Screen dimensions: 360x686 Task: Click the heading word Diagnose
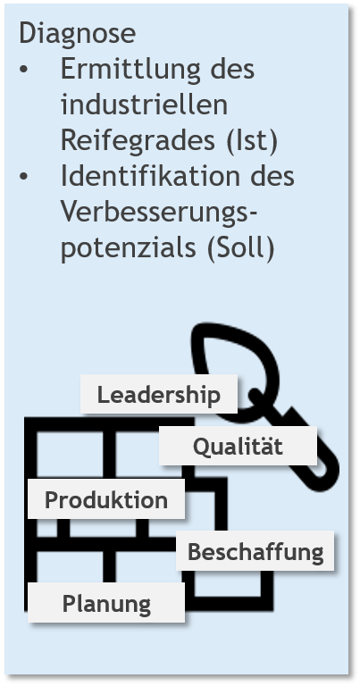point(78,33)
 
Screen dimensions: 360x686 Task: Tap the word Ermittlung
point(130,69)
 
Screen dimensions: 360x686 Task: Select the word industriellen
point(144,105)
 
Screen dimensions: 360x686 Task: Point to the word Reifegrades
point(138,141)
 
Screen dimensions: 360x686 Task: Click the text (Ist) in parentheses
point(252,141)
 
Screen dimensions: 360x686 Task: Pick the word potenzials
point(128,248)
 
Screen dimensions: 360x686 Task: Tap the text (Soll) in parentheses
point(241,248)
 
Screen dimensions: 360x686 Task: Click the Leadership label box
point(159,394)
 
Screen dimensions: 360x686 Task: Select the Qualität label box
point(238,446)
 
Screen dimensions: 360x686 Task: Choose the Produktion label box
point(106,498)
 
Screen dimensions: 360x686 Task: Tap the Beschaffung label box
point(255,551)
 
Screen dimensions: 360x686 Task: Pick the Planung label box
point(106,602)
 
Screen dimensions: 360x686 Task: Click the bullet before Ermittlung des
point(23,70)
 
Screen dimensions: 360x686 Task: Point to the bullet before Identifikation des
point(23,176)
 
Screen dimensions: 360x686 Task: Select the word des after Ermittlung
point(232,69)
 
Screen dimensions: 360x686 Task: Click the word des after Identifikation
point(272,175)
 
